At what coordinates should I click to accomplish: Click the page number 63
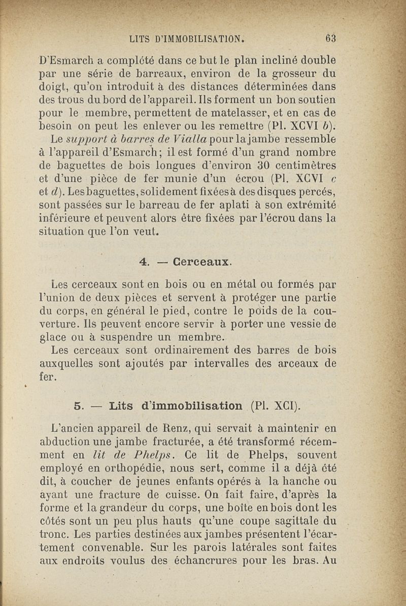[x=331, y=38]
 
